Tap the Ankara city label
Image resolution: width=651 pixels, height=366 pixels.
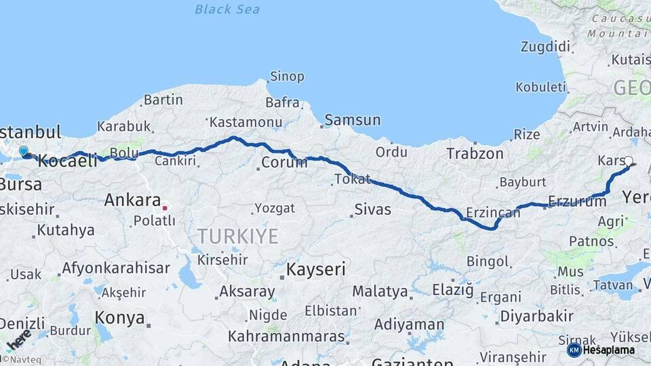pyautogui.click(x=132, y=200)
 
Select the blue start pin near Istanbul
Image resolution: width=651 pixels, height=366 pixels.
pyautogui.click(x=24, y=151)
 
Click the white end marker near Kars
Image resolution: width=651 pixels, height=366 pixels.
pyautogui.click(x=628, y=161)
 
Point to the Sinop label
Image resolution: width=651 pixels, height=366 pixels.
pyautogui.click(x=287, y=76)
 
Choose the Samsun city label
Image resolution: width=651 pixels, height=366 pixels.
pyautogui.click(x=352, y=120)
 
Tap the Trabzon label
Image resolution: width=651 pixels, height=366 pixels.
pyautogui.click(x=475, y=154)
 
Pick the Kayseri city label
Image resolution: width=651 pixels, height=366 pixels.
pyautogui.click(x=315, y=269)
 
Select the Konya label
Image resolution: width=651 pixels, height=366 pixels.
pyautogui.click(x=119, y=317)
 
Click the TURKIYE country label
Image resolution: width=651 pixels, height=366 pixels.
pyautogui.click(x=237, y=236)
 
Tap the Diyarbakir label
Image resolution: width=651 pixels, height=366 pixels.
pyautogui.click(x=536, y=316)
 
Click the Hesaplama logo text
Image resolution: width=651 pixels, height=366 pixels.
pyautogui.click(x=608, y=350)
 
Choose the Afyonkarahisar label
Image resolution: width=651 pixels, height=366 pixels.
pyautogui.click(x=116, y=268)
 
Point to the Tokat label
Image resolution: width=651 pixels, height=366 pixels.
pyautogui.click(x=352, y=179)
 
